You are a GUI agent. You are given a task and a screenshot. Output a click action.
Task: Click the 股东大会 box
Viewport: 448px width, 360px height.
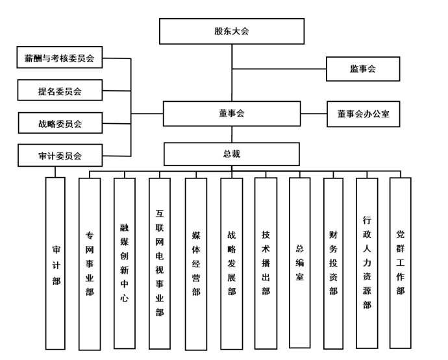[232, 31]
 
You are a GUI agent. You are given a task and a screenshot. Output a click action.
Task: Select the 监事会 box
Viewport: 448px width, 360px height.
[363, 69]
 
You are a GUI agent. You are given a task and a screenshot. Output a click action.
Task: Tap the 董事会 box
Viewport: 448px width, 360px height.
[231, 114]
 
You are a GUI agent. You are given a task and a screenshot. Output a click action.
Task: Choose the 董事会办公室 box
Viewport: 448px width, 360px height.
[363, 114]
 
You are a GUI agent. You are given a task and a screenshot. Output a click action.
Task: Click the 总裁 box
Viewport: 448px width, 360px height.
[231, 154]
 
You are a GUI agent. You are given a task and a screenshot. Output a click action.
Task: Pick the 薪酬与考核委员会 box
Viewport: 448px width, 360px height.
[60, 58]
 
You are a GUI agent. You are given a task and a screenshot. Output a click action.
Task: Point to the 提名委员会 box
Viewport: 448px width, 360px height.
[60, 90]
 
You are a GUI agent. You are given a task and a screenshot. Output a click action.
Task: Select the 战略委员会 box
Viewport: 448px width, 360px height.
[60, 123]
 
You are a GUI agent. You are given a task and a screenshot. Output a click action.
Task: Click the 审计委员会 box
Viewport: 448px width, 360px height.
[60, 155]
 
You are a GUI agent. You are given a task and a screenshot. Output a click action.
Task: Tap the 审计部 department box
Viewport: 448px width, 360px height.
[56, 263]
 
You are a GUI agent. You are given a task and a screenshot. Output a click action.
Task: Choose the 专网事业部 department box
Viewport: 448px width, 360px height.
[90, 263]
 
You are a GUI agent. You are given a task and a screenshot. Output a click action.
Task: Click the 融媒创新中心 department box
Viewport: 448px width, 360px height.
[124, 263]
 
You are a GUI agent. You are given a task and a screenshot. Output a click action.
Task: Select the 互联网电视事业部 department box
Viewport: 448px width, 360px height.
[160, 263]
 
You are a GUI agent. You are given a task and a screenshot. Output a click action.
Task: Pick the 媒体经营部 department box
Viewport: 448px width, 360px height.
[196, 263]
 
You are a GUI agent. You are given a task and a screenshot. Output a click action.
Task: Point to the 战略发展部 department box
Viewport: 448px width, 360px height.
[232, 263]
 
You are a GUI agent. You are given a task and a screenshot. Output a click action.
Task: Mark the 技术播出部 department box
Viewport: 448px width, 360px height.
[266, 263]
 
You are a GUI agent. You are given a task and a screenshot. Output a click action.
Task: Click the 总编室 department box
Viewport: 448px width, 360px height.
[299, 263]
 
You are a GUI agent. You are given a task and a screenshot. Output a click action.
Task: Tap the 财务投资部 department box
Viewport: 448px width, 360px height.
[333, 263]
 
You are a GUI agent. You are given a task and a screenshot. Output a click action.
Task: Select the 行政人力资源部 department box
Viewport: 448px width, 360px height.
[367, 263]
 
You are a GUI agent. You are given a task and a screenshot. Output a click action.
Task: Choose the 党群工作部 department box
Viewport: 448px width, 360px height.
[401, 263]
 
